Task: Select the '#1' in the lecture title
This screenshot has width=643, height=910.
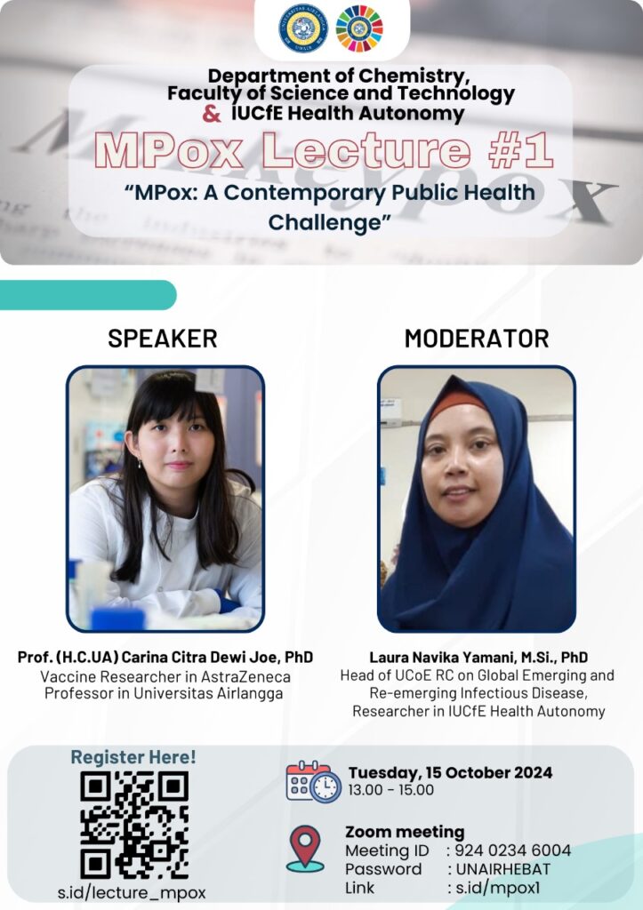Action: pyautogui.click(x=520, y=150)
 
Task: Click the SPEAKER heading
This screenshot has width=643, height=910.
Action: pyautogui.click(x=163, y=339)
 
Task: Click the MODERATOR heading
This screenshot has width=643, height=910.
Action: pyautogui.click(x=477, y=339)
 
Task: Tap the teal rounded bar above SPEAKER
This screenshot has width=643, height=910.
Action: pyautogui.click(x=88, y=295)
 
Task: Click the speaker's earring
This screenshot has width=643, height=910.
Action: pyautogui.click(x=140, y=464)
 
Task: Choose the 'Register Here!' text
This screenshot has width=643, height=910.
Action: pyautogui.click(x=133, y=757)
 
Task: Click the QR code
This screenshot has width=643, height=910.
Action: pyautogui.click(x=134, y=825)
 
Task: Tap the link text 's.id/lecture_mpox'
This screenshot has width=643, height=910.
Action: pyautogui.click(x=132, y=892)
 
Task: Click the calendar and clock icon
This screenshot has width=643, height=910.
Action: pyautogui.click(x=314, y=782)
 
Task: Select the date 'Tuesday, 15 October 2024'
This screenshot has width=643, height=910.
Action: pyautogui.click(x=450, y=773)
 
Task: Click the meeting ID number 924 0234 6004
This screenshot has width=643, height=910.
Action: pyautogui.click(x=513, y=850)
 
